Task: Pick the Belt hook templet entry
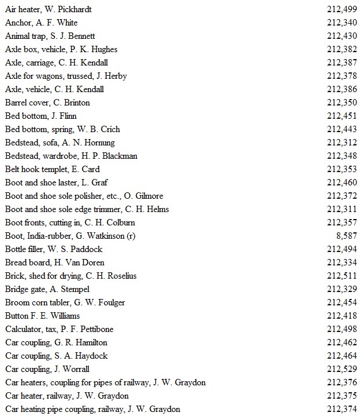(52, 169)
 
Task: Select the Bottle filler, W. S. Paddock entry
(53, 249)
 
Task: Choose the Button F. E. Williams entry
(42, 316)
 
